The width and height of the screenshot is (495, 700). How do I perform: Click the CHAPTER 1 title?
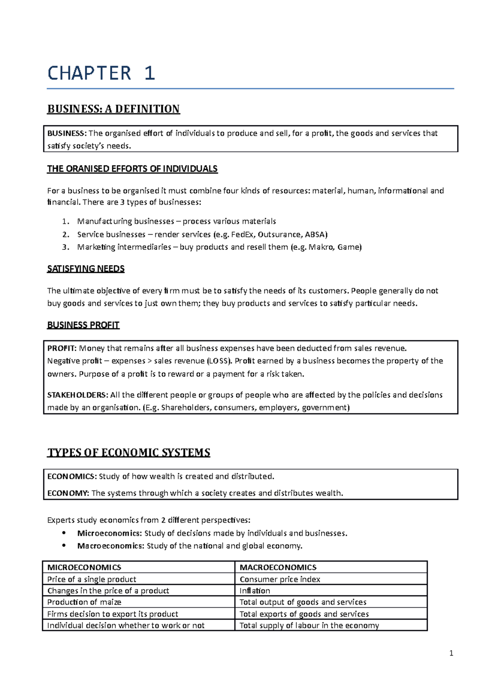click(x=101, y=73)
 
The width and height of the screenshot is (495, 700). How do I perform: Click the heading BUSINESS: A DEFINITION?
click(x=113, y=109)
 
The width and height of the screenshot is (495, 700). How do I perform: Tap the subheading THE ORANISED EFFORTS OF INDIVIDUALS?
click(x=132, y=169)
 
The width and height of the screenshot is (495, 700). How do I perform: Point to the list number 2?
click(x=65, y=235)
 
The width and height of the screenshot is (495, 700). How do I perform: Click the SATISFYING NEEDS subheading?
click(x=86, y=269)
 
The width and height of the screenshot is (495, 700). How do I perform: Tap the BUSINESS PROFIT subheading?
click(x=83, y=325)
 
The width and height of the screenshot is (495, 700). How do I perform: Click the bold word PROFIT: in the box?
click(x=62, y=348)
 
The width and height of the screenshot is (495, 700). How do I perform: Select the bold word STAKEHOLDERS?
click(x=78, y=395)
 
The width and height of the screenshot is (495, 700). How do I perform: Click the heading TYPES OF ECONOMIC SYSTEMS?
click(x=129, y=453)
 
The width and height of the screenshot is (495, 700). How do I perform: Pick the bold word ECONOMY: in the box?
click(x=68, y=493)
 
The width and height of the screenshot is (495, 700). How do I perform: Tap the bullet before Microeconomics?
click(x=64, y=533)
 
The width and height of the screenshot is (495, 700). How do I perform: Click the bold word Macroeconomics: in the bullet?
click(x=111, y=546)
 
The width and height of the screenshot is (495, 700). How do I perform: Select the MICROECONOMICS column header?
click(x=84, y=567)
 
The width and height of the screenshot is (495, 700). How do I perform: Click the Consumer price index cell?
click(x=280, y=579)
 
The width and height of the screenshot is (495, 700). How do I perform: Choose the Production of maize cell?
click(x=84, y=602)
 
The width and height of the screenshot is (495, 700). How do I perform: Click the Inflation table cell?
click(x=255, y=591)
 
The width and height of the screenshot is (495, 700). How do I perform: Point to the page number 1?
click(x=451, y=653)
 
